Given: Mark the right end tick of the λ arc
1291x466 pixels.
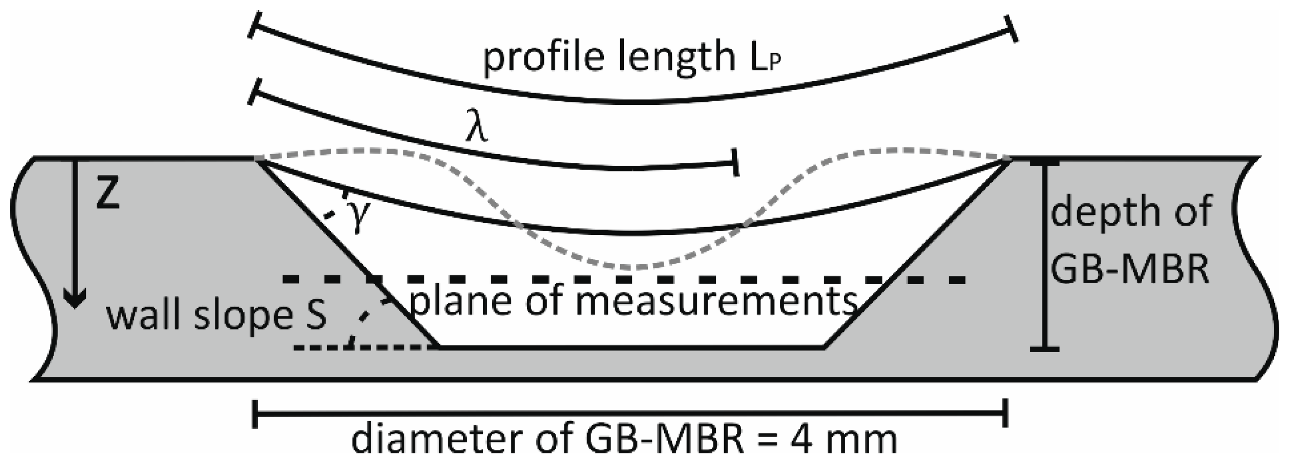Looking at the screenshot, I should point(735,162).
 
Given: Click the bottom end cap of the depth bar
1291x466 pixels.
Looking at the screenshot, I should point(1044,349).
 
